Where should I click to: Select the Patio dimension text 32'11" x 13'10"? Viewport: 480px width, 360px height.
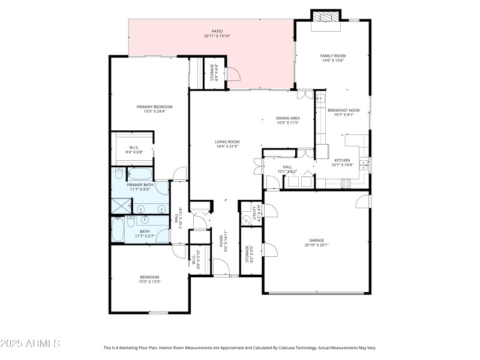[217, 37]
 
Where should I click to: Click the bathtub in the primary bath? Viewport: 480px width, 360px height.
[118, 175]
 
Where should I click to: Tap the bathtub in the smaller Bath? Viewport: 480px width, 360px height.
[118, 230]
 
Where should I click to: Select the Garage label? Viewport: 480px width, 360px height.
[316, 240]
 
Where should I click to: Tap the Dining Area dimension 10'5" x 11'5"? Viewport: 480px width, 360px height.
[288, 124]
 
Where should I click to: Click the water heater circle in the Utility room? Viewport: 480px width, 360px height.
[245, 220]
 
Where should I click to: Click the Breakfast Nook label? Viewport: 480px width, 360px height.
[341, 110]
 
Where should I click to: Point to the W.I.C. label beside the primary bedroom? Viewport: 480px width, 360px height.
[134, 148]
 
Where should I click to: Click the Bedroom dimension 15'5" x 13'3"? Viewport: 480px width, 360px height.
[149, 281]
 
